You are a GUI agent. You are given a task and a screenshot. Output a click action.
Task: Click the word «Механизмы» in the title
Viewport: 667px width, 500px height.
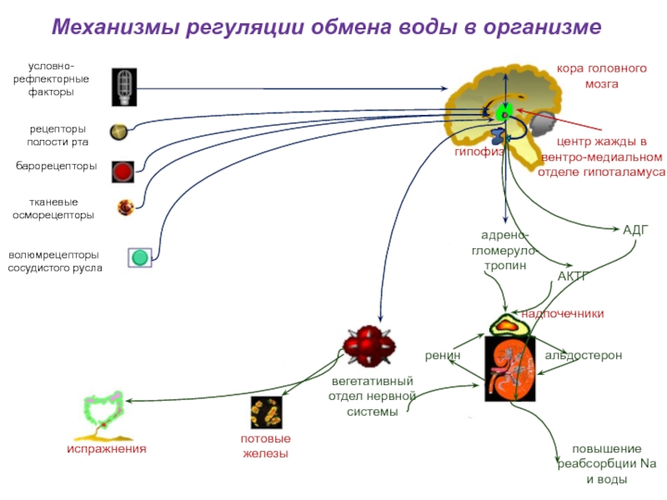pyautogui.click(x=115, y=27)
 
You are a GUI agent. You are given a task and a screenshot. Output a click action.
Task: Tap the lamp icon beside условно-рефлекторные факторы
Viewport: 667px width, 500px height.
pyautogui.click(x=124, y=87)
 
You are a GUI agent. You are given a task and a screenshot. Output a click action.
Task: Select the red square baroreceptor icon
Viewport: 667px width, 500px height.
pyautogui.click(x=123, y=172)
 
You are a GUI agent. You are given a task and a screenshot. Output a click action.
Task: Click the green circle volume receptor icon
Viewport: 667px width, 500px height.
pyautogui.click(x=140, y=257)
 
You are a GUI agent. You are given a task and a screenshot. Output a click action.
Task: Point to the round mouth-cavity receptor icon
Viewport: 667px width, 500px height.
pyautogui.click(x=118, y=132)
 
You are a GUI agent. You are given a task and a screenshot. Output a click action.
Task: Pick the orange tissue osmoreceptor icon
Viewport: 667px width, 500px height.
pyautogui.click(x=126, y=207)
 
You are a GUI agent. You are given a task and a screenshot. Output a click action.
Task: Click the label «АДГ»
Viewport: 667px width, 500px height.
pyautogui.click(x=635, y=230)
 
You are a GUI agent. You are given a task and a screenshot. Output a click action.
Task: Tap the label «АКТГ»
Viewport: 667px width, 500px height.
pyautogui.click(x=572, y=277)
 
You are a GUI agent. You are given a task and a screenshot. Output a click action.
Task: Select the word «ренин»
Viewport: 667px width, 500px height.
pyautogui.click(x=443, y=356)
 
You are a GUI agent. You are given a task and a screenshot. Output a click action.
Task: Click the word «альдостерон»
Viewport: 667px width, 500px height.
pyautogui.click(x=583, y=355)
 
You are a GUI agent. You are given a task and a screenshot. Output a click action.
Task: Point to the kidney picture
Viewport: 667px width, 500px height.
pyautogui.click(x=510, y=368)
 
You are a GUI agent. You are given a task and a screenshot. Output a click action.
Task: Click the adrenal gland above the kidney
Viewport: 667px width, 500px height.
pyautogui.click(x=509, y=325)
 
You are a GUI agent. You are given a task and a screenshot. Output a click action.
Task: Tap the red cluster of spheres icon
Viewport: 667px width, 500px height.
pyautogui.click(x=369, y=346)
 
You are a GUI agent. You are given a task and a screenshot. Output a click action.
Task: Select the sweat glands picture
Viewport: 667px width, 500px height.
pyautogui.click(x=266, y=412)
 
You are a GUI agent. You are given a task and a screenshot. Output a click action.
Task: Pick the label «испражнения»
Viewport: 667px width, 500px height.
pyautogui.click(x=107, y=448)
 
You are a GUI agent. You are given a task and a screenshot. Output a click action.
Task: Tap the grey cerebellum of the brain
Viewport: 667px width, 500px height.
pyautogui.click(x=541, y=123)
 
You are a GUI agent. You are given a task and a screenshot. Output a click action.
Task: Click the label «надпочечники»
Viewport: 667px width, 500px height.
pyautogui.click(x=562, y=314)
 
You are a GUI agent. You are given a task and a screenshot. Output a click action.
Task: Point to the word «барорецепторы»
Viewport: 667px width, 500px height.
pyautogui.click(x=56, y=166)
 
